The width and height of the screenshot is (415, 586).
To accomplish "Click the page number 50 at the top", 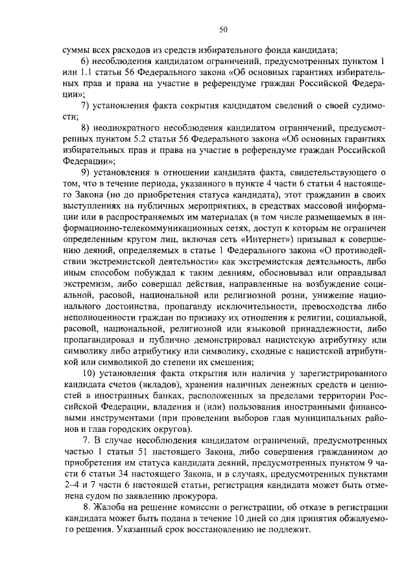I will (x=224, y=29).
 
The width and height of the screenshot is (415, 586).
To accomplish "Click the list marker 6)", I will (x=85, y=61).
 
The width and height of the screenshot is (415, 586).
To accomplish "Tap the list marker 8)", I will (x=85, y=128).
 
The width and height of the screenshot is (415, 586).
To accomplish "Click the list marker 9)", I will (x=85, y=172).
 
